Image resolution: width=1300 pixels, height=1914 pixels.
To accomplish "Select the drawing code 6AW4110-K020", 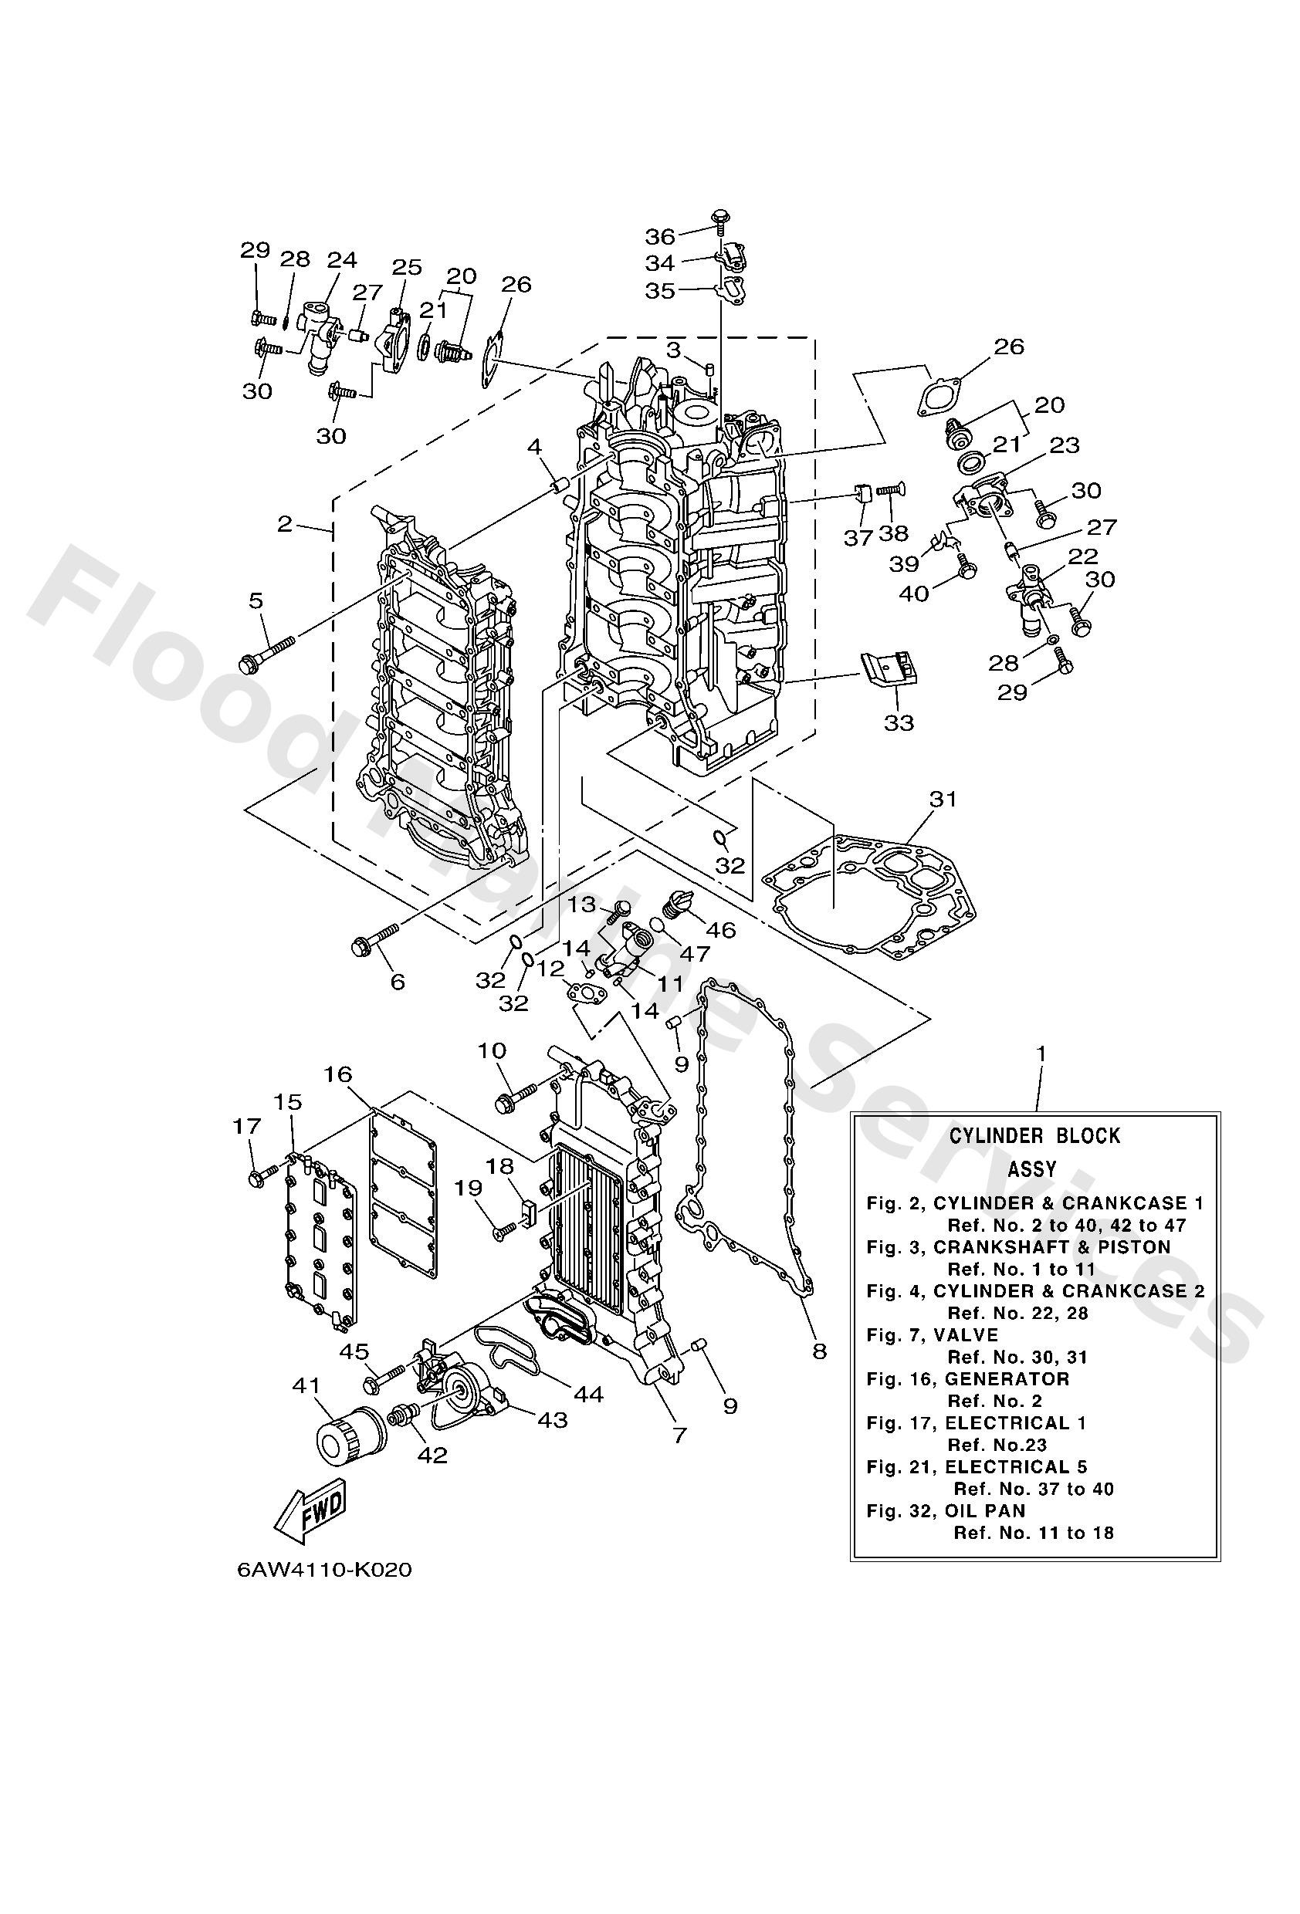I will pos(324,1569).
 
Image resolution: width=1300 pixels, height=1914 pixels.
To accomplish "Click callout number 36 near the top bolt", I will pos(660,236).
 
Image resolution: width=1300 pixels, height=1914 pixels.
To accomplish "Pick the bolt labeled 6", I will pos(375,939).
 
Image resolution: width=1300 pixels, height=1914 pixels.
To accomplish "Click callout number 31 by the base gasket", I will pos(943,798).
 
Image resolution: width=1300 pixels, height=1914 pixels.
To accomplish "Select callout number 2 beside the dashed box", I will pos(285,523).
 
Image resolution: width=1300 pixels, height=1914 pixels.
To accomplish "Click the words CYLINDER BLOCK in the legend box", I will pos(1034,1136).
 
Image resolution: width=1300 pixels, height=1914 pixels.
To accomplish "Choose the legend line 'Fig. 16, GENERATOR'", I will pos(967,1378).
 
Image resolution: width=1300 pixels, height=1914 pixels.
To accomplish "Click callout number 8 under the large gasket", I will pos(819,1351).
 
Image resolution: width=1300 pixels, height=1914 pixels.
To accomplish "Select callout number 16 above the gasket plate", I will pos(338,1074).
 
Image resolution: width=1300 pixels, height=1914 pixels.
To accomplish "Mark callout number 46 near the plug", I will pos(721,931).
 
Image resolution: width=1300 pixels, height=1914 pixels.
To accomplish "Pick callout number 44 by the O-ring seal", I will pos(590,1395).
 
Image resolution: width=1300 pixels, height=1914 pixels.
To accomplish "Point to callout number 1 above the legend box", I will pos(1041,1053).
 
